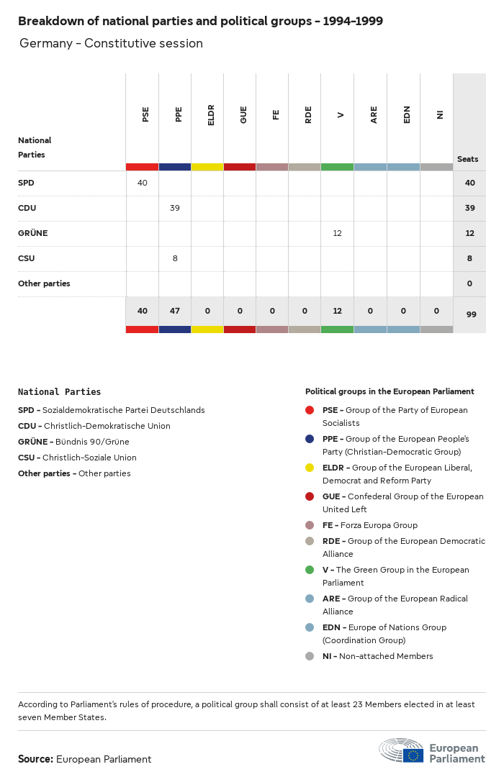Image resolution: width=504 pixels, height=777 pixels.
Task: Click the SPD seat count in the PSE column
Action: click(142, 183)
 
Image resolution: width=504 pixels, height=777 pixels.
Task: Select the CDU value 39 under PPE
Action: click(175, 208)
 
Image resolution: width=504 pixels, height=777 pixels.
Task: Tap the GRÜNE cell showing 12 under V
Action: click(337, 233)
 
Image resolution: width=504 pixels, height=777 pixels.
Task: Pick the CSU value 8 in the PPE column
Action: click(175, 258)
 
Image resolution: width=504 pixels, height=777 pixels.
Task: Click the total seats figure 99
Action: click(469, 314)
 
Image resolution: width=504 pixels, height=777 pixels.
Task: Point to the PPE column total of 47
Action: click(175, 311)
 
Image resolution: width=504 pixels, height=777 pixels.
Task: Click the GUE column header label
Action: click(243, 115)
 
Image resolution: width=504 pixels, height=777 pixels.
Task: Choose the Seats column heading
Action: click(467, 159)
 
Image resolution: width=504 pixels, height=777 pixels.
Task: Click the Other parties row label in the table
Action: click(44, 283)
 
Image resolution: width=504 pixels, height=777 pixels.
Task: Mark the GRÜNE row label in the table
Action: click(32, 233)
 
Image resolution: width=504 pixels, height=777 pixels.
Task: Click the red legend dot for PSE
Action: click(310, 410)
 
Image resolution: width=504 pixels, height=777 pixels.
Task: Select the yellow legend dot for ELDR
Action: click(310, 468)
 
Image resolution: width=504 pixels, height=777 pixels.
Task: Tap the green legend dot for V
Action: click(310, 570)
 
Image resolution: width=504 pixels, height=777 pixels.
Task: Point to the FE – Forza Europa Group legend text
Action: click(369, 525)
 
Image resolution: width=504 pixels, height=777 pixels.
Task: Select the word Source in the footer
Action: click(35, 759)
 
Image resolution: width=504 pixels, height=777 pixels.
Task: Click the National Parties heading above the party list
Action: click(59, 392)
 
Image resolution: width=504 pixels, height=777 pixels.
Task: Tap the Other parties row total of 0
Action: click(469, 283)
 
